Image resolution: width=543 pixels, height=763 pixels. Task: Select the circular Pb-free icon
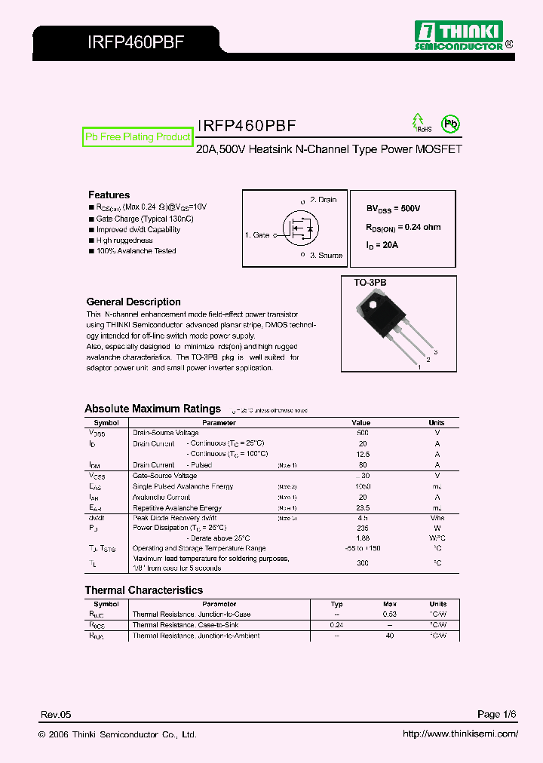click(x=450, y=124)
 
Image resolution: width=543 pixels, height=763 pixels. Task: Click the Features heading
click(x=109, y=195)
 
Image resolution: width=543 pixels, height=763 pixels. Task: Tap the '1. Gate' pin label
click(x=257, y=235)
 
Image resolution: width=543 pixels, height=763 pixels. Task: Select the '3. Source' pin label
click(x=325, y=256)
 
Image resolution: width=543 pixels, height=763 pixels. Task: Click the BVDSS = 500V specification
click(x=393, y=208)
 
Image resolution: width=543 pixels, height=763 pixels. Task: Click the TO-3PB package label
click(x=370, y=282)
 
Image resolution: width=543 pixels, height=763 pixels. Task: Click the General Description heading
click(x=133, y=302)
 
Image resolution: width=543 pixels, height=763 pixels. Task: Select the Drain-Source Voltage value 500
click(x=362, y=434)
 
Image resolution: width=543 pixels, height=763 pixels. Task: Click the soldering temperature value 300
click(x=362, y=563)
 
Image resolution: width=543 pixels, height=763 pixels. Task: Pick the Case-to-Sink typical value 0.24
click(x=336, y=625)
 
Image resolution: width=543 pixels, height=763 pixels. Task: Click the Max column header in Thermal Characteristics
click(x=389, y=604)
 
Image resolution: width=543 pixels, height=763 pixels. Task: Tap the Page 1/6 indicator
click(x=497, y=714)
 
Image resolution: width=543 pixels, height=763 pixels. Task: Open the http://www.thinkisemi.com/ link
click(x=459, y=734)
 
